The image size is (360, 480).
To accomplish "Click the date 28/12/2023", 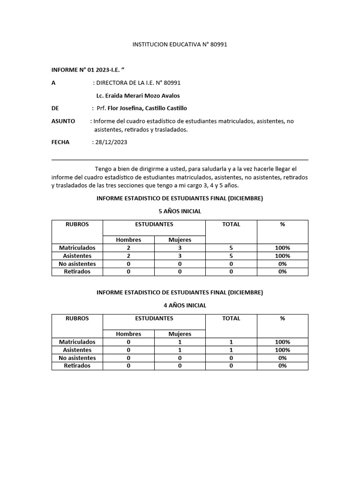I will (x=111, y=142).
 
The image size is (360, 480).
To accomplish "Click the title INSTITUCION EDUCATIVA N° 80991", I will (x=180, y=45).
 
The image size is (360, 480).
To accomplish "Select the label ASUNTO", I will (x=63, y=121).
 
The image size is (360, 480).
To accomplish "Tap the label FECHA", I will (x=60, y=142).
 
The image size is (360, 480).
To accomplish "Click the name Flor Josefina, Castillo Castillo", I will (x=147, y=108).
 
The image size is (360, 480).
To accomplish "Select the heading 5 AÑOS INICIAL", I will (x=180, y=211).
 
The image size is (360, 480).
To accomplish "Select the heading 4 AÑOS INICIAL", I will (x=180, y=305).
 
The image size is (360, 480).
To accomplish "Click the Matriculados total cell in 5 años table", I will (x=231, y=247).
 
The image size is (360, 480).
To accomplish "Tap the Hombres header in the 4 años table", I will (x=128, y=334).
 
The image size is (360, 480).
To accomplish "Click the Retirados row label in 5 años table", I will (x=77, y=271).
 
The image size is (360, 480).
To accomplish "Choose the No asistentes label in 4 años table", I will (x=77, y=358).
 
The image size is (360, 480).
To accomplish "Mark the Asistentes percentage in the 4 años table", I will (x=282, y=350).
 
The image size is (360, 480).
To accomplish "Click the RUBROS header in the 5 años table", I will (x=77, y=225).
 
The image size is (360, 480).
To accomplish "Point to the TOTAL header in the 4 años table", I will (x=231, y=318).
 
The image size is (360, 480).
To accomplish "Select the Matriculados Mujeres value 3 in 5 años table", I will (x=180, y=247).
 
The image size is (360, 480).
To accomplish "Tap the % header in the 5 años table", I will (x=282, y=225).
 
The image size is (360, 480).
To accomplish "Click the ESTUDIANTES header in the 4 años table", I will (x=154, y=318).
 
